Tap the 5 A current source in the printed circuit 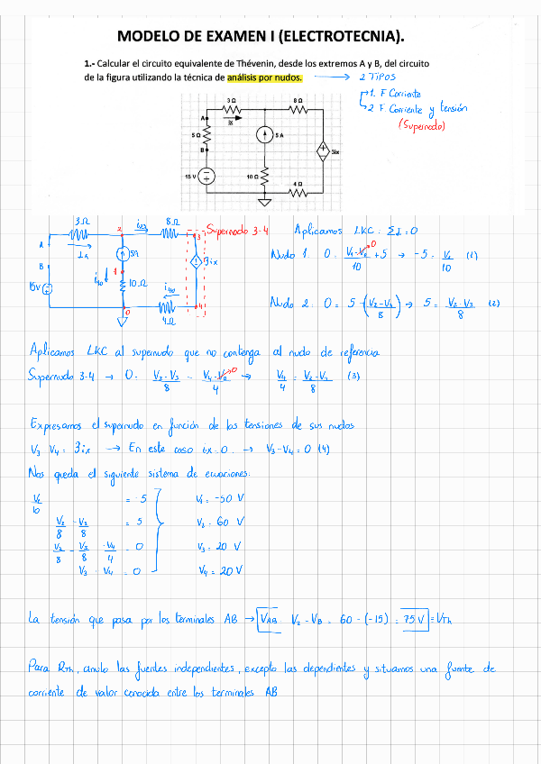point(264,134)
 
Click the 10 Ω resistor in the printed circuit point(265,175)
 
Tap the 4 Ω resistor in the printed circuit point(297,191)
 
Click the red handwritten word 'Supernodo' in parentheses point(420,125)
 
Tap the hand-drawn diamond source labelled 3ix point(194,262)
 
